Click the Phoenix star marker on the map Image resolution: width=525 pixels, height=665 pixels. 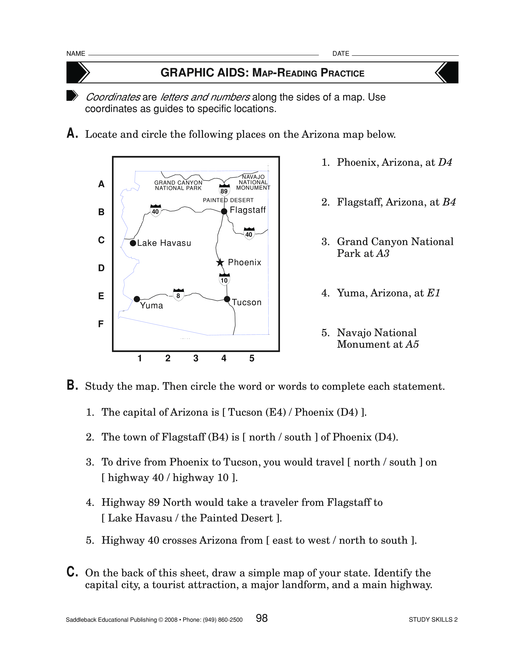[220, 262]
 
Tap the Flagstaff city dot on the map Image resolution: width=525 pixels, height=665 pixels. [224, 211]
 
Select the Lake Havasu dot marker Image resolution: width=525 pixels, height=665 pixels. [133, 243]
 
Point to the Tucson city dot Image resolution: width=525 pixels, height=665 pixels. [227, 299]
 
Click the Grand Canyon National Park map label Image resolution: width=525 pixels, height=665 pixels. [178, 185]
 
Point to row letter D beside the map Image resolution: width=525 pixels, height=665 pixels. [101, 268]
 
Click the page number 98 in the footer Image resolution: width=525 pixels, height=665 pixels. [262, 618]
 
